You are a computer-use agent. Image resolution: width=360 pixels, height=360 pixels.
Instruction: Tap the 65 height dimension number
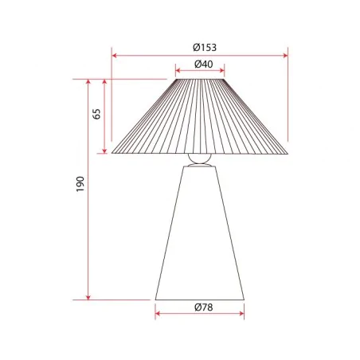97,112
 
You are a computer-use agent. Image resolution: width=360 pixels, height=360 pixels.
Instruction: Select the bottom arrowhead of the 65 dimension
104,151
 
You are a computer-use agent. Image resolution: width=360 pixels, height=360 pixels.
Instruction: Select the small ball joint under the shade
199,158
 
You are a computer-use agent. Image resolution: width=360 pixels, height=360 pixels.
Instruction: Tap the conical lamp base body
199,239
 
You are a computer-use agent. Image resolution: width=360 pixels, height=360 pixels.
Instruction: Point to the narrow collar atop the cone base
199,167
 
